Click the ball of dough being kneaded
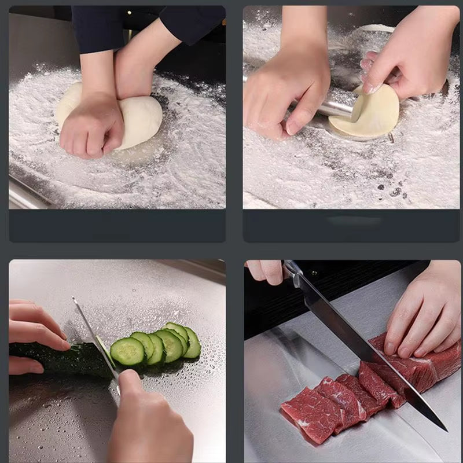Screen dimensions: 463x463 [x=142, y=119]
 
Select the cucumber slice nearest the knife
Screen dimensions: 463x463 [x=127, y=351]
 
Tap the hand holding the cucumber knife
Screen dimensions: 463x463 [x=148, y=422]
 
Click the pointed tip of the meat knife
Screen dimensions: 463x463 [x=444, y=429]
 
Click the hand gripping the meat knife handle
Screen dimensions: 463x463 [x=266, y=270]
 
